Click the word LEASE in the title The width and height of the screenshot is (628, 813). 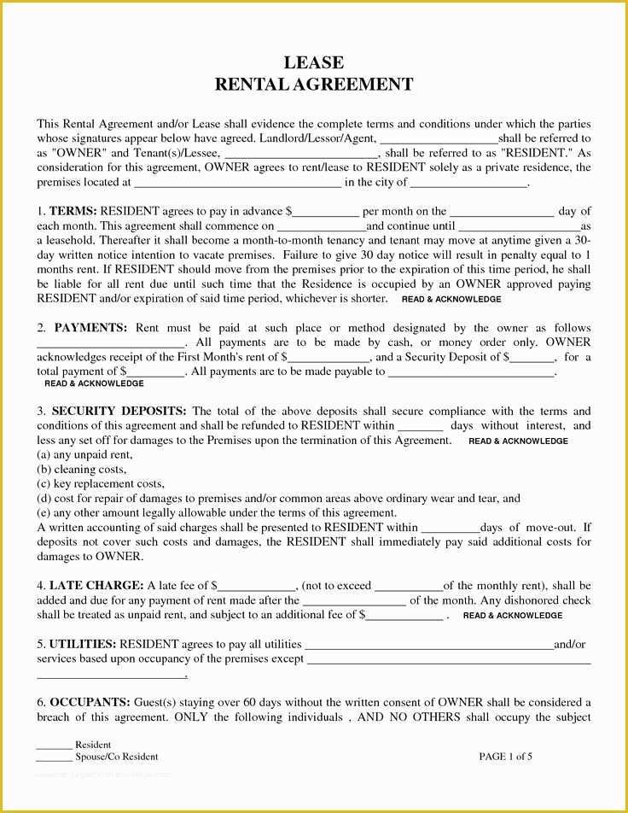[x=313, y=62]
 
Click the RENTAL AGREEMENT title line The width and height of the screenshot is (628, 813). [x=313, y=85]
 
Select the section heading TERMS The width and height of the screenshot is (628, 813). [x=73, y=211]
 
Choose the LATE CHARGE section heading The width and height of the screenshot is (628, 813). [x=96, y=585]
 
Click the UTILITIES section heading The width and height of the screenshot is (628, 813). [x=83, y=644]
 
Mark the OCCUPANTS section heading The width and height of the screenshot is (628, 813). [x=90, y=702]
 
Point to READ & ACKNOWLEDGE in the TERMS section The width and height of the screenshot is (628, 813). [x=451, y=300]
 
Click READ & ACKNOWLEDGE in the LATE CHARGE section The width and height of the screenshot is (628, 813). [x=512, y=615]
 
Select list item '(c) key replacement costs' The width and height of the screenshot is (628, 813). [x=100, y=483]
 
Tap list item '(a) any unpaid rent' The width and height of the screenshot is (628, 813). [x=84, y=454]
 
